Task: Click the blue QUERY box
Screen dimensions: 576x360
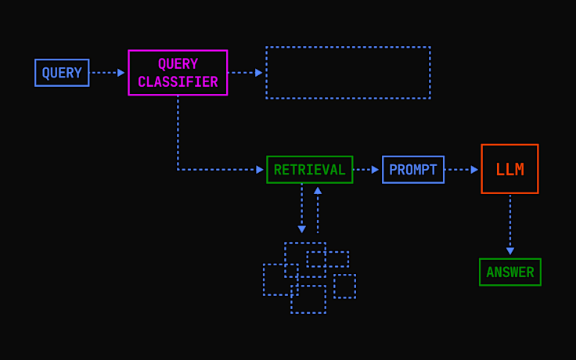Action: coord(62,73)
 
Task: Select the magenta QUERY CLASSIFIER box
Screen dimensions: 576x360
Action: coord(178,73)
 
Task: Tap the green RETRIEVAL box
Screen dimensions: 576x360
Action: coord(309,170)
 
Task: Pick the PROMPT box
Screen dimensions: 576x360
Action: coord(412,170)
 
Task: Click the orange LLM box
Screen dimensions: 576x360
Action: coord(509,169)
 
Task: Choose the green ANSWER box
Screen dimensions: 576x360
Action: coord(509,272)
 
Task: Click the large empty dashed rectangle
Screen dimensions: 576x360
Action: coord(347,73)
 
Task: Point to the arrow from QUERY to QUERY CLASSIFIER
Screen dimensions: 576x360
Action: coord(108,73)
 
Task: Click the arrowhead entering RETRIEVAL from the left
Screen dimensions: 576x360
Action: coord(260,170)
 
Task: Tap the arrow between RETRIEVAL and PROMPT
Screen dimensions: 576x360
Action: coord(366,170)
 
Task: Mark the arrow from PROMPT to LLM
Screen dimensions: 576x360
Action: coord(462,170)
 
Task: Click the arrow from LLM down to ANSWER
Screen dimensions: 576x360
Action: coord(509,225)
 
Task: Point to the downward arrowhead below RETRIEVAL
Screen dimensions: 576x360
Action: coord(302,229)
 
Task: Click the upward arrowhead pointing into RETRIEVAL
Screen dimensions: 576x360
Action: coord(318,190)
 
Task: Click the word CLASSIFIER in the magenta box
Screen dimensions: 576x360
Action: coord(178,82)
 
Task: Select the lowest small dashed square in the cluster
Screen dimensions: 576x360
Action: coord(308,300)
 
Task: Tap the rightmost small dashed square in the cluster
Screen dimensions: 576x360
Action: coord(344,286)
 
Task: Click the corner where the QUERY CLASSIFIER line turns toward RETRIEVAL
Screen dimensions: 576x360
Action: coord(178,170)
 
